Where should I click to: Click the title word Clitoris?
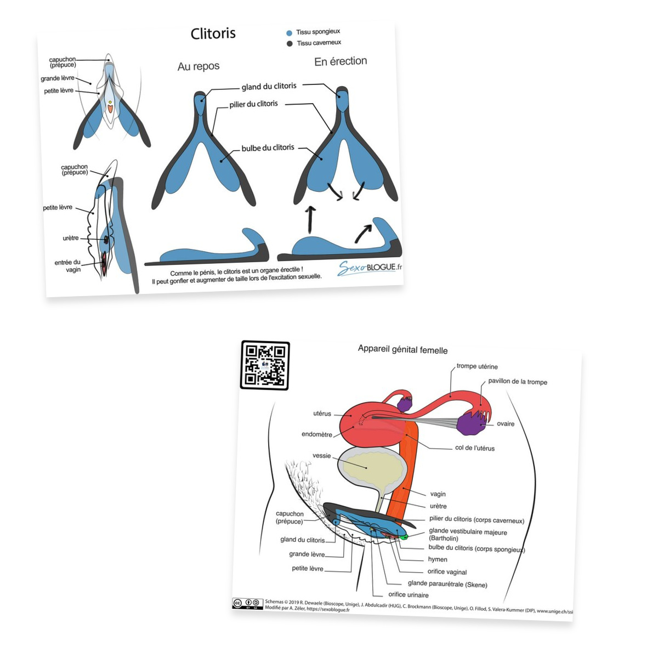[213, 33]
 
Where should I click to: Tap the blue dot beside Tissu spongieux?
[289, 33]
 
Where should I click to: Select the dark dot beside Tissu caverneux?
[290, 44]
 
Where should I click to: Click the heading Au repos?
[198, 66]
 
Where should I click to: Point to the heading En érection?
[341, 61]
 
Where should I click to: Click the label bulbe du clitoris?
[268, 148]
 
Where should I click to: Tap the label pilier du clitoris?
[253, 104]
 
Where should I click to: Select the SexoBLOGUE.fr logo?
[370, 268]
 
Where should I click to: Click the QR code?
[265, 365]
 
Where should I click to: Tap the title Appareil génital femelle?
[402, 349]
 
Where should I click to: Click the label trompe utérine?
[477, 366]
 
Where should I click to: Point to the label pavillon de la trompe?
[518, 382]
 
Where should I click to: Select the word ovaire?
[506, 424]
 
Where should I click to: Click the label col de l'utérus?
[475, 448]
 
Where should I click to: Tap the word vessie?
[322, 456]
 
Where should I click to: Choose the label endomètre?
[317, 434]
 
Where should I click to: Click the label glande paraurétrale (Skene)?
[447, 584]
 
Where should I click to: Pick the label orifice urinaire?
[409, 595]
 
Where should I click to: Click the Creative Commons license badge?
[247, 604]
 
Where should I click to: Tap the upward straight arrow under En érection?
[311, 219]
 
